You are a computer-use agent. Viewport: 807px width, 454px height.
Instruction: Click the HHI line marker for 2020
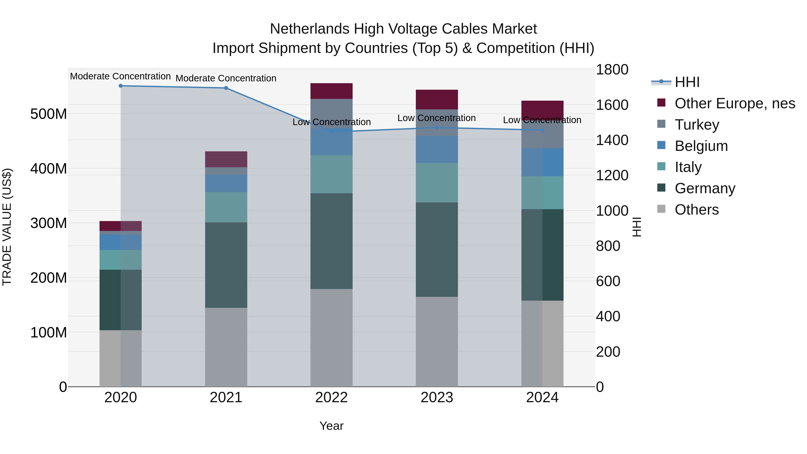[x=121, y=86]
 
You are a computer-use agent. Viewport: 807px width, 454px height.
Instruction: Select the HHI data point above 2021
[x=226, y=88]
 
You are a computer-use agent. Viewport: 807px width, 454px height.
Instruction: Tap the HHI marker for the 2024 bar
[x=542, y=130]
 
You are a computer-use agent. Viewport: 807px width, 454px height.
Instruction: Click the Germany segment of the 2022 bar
[x=332, y=241]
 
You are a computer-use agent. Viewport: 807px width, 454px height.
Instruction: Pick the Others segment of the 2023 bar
[x=437, y=341]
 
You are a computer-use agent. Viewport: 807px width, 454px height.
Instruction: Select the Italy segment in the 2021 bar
[x=226, y=207]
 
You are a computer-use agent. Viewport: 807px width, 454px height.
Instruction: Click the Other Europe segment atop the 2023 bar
[x=437, y=99]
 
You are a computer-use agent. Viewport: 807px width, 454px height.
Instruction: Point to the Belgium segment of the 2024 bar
[x=542, y=162]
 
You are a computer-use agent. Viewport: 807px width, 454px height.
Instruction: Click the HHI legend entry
[x=687, y=82]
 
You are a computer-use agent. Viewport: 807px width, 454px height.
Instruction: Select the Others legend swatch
[x=661, y=209]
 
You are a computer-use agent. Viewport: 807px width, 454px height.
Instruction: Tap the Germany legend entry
[x=705, y=188]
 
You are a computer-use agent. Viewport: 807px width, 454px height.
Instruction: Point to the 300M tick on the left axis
[x=49, y=223]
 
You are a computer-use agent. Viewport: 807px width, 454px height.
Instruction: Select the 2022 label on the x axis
[x=332, y=398]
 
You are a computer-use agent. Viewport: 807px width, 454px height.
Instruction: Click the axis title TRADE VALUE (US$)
[x=7, y=227]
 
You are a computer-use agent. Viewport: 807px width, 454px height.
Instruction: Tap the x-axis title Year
[x=332, y=426]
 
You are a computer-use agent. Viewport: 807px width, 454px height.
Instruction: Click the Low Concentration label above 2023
[x=436, y=118]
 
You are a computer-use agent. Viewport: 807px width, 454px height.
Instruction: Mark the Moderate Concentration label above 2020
[x=120, y=76]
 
